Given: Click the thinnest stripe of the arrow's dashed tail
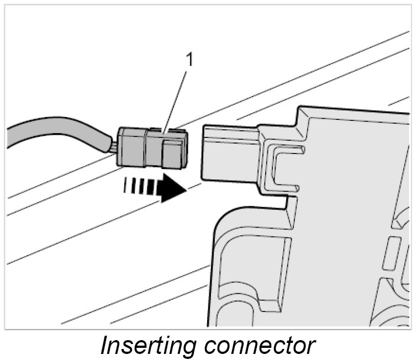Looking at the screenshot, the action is (125, 184).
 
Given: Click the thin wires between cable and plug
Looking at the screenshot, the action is (113, 147).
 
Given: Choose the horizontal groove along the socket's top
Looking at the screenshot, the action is (229, 133).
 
